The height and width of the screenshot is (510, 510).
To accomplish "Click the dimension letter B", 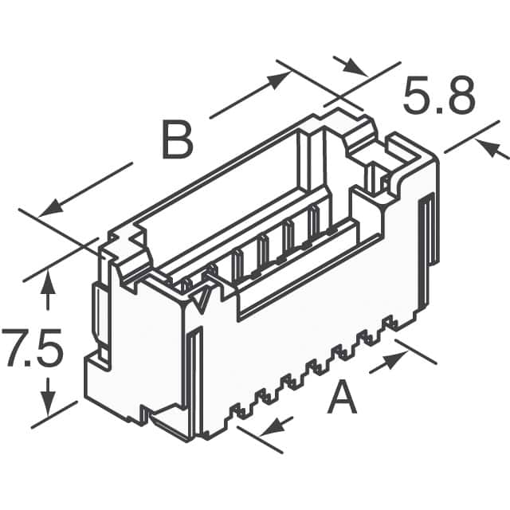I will point(177,140).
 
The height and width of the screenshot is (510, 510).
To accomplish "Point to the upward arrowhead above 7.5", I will point(49,280).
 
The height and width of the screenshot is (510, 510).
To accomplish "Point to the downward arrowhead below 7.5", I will point(49,406).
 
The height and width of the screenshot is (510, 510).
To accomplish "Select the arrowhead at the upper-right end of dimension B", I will point(280,77).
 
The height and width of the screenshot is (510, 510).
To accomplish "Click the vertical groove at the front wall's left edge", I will point(194,375).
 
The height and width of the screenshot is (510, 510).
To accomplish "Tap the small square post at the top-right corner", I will point(375,175).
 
